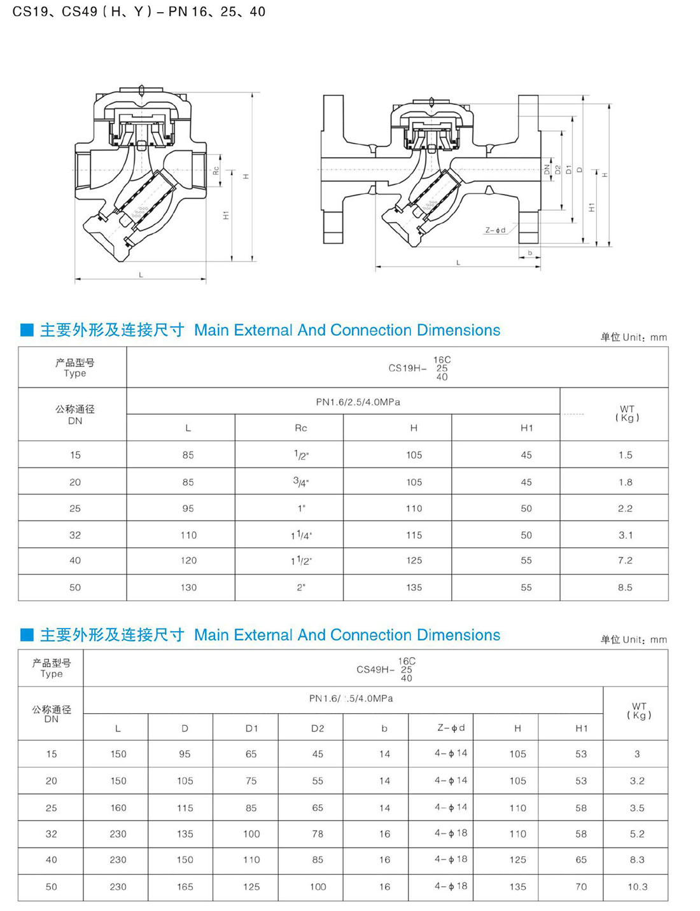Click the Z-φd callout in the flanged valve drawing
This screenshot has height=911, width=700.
[x=495, y=230]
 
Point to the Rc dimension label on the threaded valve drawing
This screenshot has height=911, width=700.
[x=216, y=170]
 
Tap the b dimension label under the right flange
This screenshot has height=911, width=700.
[x=529, y=253]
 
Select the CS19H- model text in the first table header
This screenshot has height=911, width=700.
[x=407, y=368]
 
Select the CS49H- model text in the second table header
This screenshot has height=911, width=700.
[x=375, y=669]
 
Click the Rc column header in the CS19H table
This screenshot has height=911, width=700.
[x=301, y=428]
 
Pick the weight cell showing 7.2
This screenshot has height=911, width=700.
[x=625, y=560]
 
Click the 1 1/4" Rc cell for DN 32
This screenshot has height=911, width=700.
[x=301, y=535]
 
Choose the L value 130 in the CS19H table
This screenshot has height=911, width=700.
[x=188, y=587]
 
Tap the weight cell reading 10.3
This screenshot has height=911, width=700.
[x=637, y=886]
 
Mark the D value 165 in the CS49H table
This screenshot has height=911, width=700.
[x=185, y=886]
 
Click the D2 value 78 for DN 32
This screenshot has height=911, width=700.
[x=318, y=833]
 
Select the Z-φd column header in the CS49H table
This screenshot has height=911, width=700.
[x=451, y=728]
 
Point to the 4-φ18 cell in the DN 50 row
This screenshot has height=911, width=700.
[x=451, y=886]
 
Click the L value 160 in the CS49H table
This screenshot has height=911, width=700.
[x=118, y=807]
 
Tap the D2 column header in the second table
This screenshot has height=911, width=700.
[x=318, y=728]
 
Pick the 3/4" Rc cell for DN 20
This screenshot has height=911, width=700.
[x=301, y=482]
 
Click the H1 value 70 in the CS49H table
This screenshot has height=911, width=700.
[x=581, y=886]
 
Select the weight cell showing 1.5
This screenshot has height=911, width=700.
[x=625, y=455]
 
